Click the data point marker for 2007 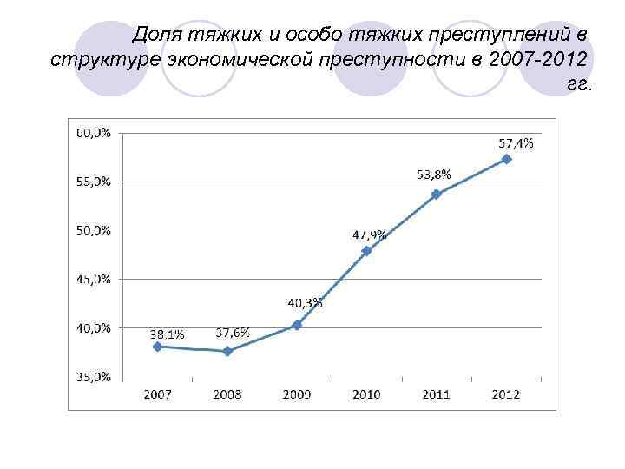[x=157, y=347]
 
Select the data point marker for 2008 [x=227, y=351]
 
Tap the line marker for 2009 [x=297, y=325]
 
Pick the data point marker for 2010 [x=366, y=251]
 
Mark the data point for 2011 [x=437, y=195]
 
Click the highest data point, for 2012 [x=506, y=159]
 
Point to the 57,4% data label [x=516, y=143]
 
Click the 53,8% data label [x=434, y=175]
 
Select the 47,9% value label [x=370, y=234]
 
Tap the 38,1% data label [x=167, y=334]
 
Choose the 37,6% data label [x=233, y=333]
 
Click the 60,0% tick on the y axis [x=93, y=133]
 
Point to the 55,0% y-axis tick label [x=93, y=182]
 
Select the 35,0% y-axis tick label [x=93, y=377]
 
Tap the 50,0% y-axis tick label [x=93, y=230]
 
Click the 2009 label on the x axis [x=297, y=394]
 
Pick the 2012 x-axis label [x=506, y=394]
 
